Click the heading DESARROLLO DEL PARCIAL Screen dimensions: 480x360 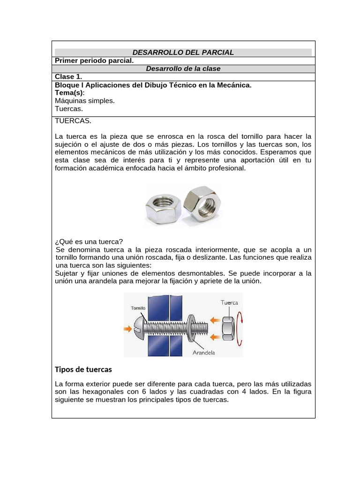tap(183, 52)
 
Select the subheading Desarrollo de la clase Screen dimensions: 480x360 tap(183, 68)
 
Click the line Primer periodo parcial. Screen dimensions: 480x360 tap(94, 60)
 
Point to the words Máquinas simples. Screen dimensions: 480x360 tap(85, 100)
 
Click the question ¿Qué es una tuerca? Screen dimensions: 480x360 tap(89, 241)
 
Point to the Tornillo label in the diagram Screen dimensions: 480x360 tap(137, 308)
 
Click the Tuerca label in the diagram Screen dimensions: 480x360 tap(229, 302)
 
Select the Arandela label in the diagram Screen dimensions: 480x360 tap(203, 352)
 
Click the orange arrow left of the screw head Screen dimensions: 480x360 tap(127, 329)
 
